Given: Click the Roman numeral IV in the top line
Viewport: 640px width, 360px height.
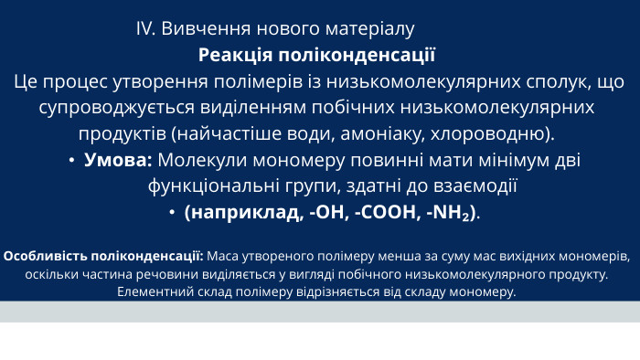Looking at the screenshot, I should [145, 28].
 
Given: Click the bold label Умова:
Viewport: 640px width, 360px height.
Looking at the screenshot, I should [118, 161].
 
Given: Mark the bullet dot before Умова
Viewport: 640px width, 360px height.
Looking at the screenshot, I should [71, 161].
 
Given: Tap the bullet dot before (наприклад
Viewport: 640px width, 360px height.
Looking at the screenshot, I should [172, 214].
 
